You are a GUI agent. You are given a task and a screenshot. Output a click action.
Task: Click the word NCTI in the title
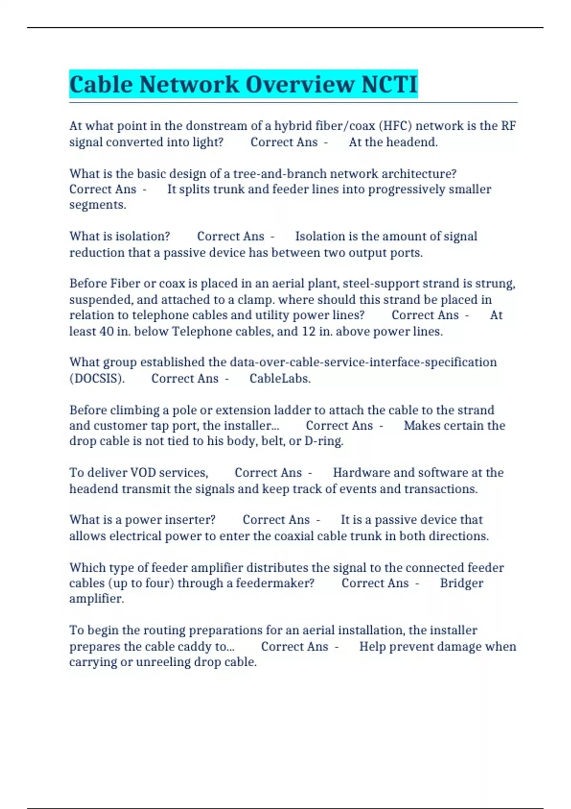click(x=389, y=85)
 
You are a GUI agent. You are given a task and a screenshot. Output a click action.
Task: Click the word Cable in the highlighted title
click(x=101, y=85)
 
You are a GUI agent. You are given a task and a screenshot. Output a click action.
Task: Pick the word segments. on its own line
click(x=98, y=205)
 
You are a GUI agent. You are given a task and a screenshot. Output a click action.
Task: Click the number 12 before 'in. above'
click(x=309, y=331)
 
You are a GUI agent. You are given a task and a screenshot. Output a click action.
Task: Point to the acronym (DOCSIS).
click(x=97, y=379)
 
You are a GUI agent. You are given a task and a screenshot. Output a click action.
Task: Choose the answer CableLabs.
click(x=280, y=379)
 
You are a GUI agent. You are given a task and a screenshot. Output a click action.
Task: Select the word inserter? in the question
click(x=189, y=520)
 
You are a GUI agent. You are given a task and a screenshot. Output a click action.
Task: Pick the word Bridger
click(x=461, y=583)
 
